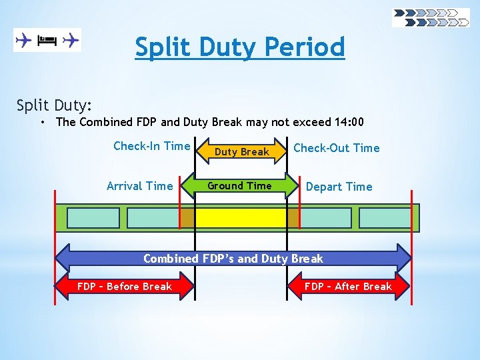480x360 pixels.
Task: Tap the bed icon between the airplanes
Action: (x=47, y=41)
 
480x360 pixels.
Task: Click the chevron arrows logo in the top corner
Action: (x=431, y=17)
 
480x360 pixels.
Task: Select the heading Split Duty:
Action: (x=55, y=105)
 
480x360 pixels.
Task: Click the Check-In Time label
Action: (x=152, y=146)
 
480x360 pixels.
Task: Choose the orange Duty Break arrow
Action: (x=241, y=151)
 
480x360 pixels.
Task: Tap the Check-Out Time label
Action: (x=337, y=148)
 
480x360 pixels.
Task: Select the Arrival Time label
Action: (x=139, y=186)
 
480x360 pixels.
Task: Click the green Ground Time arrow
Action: (x=240, y=186)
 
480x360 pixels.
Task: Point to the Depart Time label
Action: (x=339, y=187)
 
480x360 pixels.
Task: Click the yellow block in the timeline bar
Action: (x=240, y=218)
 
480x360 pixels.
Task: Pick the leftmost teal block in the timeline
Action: (x=93, y=218)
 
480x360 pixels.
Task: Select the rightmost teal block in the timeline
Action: (x=385, y=218)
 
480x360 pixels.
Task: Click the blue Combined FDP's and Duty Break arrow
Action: (x=233, y=259)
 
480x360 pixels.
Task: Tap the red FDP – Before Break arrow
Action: (x=125, y=287)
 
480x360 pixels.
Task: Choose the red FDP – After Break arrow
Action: (x=348, y=287)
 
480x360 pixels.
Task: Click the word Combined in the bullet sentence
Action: (x=105, y=122)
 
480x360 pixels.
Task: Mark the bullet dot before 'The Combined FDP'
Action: (x=42, y=123)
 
